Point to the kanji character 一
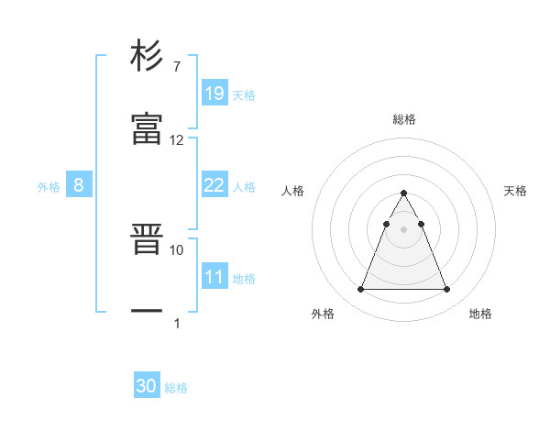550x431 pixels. tap(147, 312)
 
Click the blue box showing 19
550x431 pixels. tap(214, 93)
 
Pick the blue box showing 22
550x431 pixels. tap(214, 185)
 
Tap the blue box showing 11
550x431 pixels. tap(214, 277)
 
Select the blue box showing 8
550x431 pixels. tap(79, 185)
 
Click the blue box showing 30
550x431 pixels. tap(147, 387)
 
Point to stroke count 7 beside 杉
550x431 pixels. tap(176, 66)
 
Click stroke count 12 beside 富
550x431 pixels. tap(177, 140)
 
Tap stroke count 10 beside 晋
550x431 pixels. tap(177, 249)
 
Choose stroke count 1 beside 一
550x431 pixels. tap(177, 323)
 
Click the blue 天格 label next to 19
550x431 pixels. tap(243, 94)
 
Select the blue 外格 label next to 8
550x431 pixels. tap(49, 187)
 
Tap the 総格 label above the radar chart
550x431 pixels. tap(404, 119)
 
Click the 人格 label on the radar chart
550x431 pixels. tap(293, 191)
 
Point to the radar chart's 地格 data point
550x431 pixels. tap(446, 290)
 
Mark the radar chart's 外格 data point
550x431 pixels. tap(360, 290)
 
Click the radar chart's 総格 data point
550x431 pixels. tap(403, 193)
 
